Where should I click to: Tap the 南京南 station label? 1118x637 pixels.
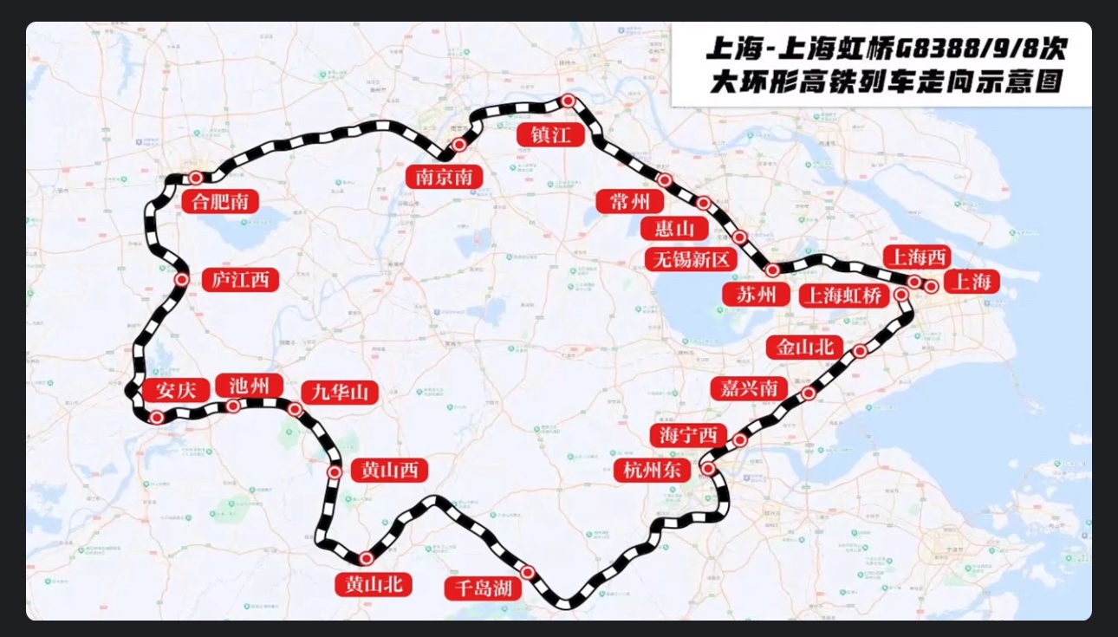coord(443,177)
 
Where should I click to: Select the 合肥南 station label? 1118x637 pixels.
coord(220,202)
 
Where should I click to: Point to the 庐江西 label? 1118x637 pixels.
coord(240,280)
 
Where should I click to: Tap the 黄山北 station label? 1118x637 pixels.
coord(374,585)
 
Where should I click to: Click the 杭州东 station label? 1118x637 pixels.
coord(653,471)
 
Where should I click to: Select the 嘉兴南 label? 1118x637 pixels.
coord(749,387)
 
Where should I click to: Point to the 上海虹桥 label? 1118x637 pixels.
coord(844,296)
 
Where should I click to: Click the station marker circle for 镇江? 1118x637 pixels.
coord(568,101)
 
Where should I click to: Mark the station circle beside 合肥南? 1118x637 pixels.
coord(196,178)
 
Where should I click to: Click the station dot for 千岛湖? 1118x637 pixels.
coord(527,571)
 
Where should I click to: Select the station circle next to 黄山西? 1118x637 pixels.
coord(335,471)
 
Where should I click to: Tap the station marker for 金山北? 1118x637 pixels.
coord(860,351)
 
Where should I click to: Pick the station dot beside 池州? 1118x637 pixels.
coord(233,406)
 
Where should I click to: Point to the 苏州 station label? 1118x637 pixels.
coord(756,294)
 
